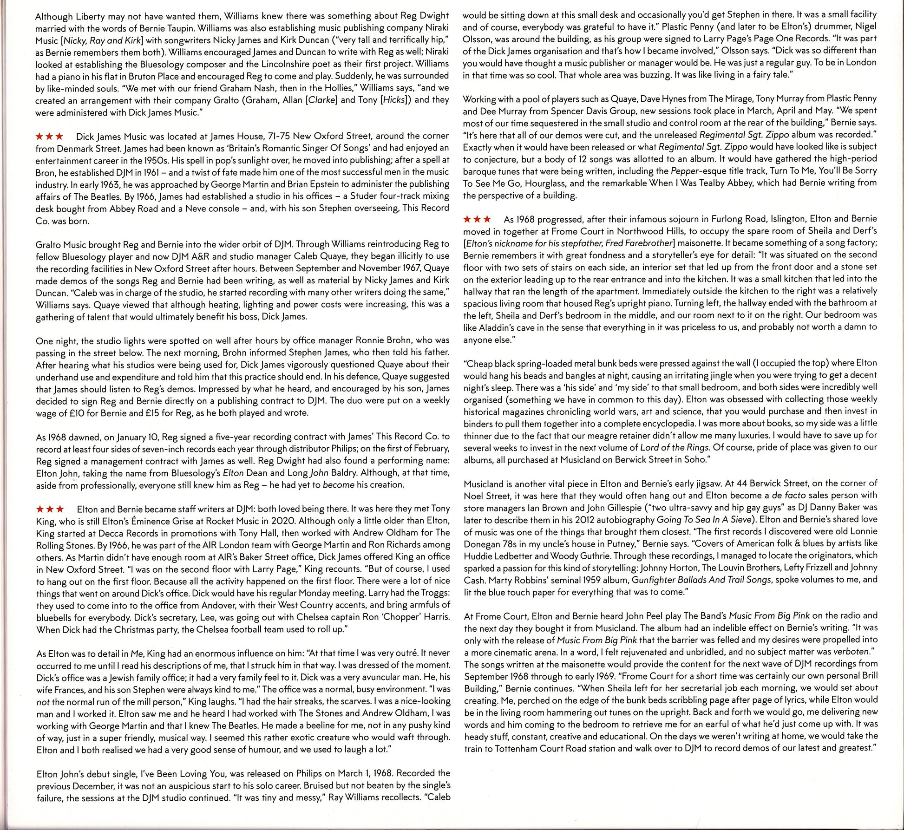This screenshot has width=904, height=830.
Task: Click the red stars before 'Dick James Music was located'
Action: point(49,137)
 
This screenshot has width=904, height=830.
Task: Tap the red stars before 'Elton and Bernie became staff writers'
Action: point(50,510)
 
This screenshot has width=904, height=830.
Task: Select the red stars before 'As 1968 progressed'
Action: point(477,219)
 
